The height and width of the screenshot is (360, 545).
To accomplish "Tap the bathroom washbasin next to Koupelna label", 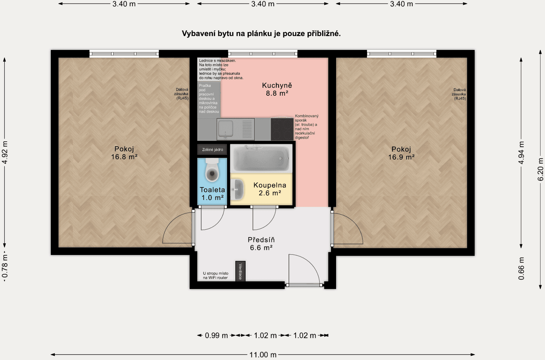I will (238, 190).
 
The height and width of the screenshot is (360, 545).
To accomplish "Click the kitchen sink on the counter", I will (226, 129).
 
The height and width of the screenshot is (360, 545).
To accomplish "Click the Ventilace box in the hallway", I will (240, 271).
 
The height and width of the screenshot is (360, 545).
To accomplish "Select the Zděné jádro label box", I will (212, 150).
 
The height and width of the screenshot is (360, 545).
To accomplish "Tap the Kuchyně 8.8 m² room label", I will (277, 89).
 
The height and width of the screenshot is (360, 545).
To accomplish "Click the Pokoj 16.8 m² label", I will (124, 153).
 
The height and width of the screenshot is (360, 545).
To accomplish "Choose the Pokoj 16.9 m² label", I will (401, 153).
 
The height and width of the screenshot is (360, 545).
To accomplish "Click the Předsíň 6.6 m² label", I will (261, 244).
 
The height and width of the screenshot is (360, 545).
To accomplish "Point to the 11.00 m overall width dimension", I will (263, 355).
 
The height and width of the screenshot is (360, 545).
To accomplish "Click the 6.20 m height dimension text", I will (540, 170).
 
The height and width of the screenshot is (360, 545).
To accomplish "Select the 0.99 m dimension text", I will (216, 335).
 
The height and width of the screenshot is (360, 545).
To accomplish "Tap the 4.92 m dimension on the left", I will (5, 152).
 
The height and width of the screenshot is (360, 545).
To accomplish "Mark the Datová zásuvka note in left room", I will (182, 94).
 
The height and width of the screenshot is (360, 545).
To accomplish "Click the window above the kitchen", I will (263, 54).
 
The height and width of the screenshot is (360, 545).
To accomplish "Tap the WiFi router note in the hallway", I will (215, 276).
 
